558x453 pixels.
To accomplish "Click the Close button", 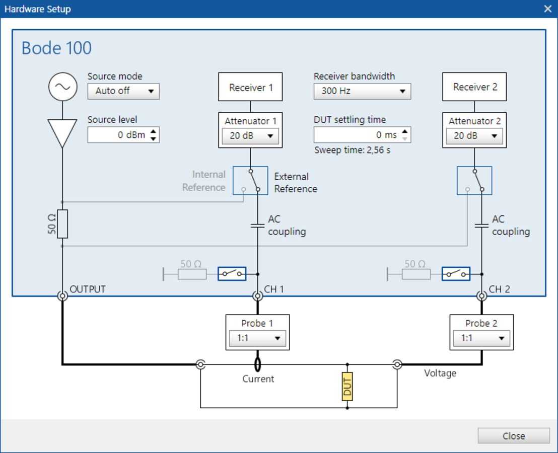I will point(513,436).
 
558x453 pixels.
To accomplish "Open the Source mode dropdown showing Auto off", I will point(123,91).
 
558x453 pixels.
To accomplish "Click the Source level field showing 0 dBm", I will point(119,135).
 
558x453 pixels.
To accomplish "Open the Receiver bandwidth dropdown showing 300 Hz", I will point(362,91).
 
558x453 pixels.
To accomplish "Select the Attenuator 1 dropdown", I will point(250,136).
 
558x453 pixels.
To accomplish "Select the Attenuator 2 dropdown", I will point(474,136).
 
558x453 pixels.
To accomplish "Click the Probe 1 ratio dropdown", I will point(257,338).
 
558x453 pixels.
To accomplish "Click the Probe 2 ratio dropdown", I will point(481,338).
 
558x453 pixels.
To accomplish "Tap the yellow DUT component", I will point(347,387).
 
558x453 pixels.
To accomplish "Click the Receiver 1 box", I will point(250,87).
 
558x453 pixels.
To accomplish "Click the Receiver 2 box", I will point(474,87).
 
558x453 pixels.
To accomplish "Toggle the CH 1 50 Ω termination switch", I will point(232,274).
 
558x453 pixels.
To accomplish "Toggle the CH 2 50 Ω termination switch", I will point(456,274).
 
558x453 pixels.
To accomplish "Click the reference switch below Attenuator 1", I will point(250,181).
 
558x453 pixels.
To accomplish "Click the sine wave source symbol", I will point(62,87).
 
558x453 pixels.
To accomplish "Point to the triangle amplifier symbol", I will point(62,131).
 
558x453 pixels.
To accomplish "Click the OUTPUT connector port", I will point(62,296).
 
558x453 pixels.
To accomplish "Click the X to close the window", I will point(548,9).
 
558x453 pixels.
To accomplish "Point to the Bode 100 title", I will point(56,48).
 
